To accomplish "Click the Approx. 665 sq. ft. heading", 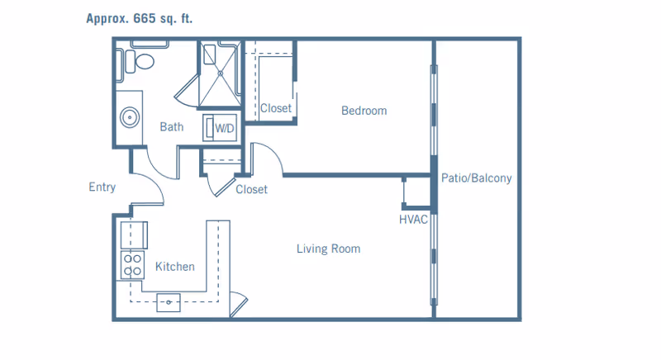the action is click(x=139, y=18).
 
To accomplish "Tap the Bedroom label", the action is click(x=364, y=111).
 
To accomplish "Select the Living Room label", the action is click(x=328, y=249).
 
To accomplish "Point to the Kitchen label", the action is click(x=175, y=267).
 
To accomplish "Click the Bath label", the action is click(x=172, y=126).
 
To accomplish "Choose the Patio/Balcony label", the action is click(x=477, y=178).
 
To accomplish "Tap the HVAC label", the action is click(x=413, y=220).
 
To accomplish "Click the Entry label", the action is click(x=102, y=187).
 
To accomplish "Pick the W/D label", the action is click(x=224, y=128).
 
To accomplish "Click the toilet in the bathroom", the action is click(x=140, y=61).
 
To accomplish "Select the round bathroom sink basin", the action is click(x=130, y=117).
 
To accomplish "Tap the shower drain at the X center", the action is click(x=220, y=73).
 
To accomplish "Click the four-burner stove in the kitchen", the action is click(x=132, y=265).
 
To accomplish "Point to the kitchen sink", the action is click(x=169, y=302).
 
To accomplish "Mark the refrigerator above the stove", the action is click(x=134, y=235).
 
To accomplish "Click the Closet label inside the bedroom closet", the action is click(x=276, y=108).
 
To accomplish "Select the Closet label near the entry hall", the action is click(x=251, y=189).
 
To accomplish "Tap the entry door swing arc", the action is click(x=155, y=184).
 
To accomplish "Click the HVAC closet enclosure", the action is click(x=417, y=192).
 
